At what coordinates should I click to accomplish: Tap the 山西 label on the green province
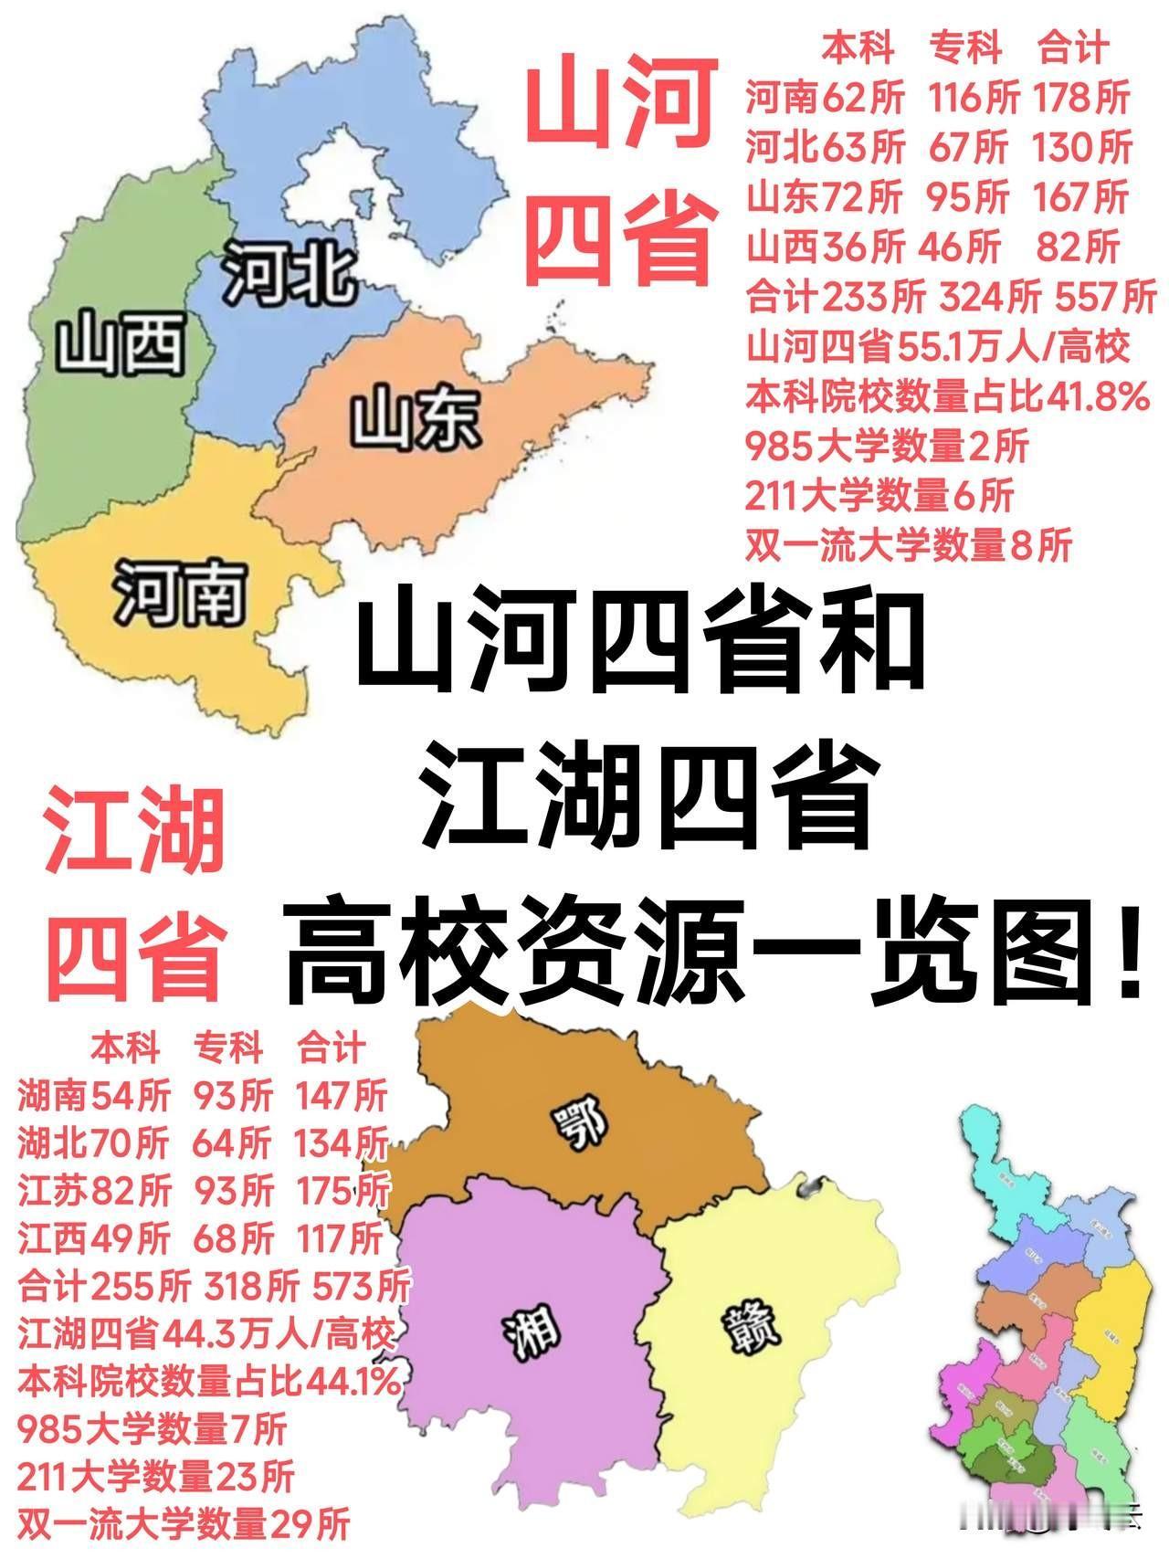coord(121,344)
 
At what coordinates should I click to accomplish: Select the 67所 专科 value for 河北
coord(969,147)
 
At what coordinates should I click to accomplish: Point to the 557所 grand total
coord(1105,297)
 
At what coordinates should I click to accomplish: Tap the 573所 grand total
coord(362,1287)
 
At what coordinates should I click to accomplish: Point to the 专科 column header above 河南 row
coord(966,47)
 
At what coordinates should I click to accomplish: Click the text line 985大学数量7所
coord(152,1429)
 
